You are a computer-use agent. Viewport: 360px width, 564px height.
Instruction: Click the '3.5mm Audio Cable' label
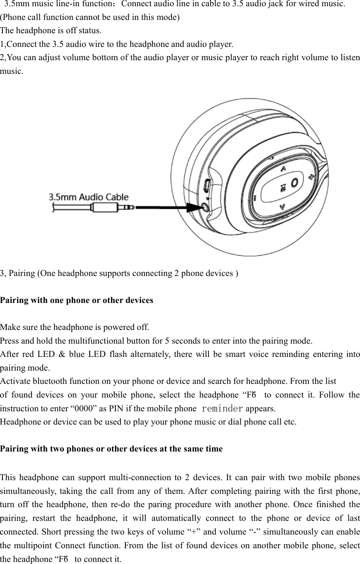click(x=89, y=197)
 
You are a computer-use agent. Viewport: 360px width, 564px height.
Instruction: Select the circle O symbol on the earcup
click(x=294, y=182)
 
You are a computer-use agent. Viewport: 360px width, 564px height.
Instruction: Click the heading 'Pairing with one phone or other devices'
click(x=76, y=300)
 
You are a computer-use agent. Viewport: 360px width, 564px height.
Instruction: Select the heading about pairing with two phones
click(x=111, y=449)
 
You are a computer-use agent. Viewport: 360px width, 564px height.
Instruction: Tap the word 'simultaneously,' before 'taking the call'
click(x=24, y=487)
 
